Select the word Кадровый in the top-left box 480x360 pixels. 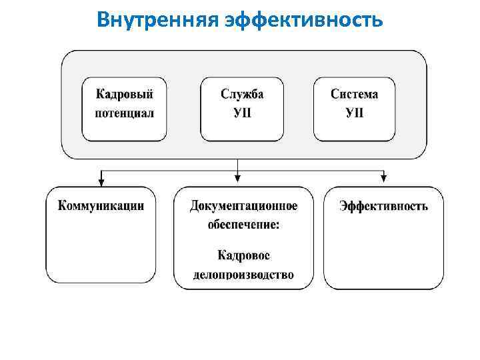coord(124,94)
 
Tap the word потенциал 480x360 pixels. coord(124,113)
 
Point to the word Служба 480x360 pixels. coord(242,94)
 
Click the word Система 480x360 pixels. coord(354,94)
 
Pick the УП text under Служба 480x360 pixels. coord(242,113)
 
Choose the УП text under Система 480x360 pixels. coord(354,113)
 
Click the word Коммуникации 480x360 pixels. coord(101,205)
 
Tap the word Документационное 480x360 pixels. coord(243,205)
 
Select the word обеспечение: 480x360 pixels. coord(243,225)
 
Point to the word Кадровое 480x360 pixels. coord(243,255)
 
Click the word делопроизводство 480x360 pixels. coord(243,275)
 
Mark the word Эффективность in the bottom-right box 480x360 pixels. coord(384,205)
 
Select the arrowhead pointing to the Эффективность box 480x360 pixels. coord(383,178)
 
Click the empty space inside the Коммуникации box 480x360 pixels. coord(101,250)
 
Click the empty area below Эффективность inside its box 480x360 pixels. coord(384,253)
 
